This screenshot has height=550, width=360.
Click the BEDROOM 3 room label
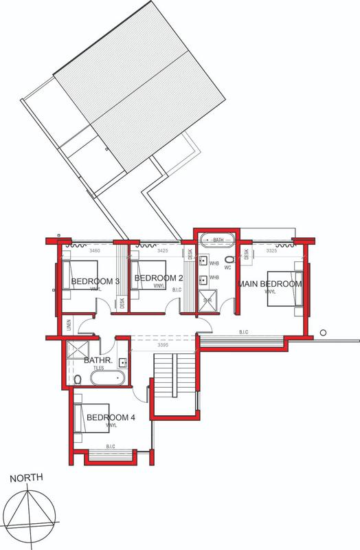pos(95,282)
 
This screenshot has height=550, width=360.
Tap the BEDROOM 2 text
pos(159,278)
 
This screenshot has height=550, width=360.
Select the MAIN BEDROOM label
pos(270,284)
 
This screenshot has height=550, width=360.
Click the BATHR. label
pos(98,359)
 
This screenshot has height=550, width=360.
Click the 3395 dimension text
pos(162,346)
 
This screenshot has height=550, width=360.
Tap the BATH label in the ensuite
pos(218,240)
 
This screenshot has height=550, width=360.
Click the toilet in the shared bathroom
pos(78,378)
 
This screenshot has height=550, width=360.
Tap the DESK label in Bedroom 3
pos(122,300)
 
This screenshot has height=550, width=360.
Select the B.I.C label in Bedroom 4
pos(111,447)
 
